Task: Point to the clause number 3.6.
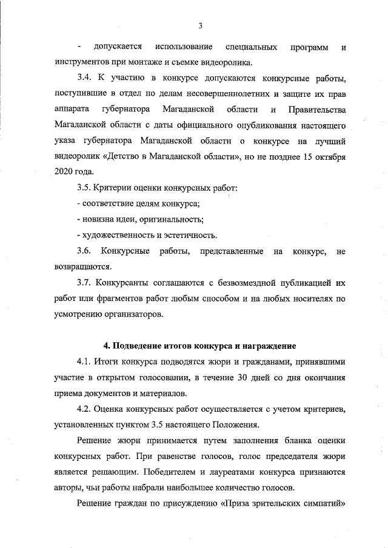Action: point(84,251)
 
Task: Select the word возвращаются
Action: point(82,266)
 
